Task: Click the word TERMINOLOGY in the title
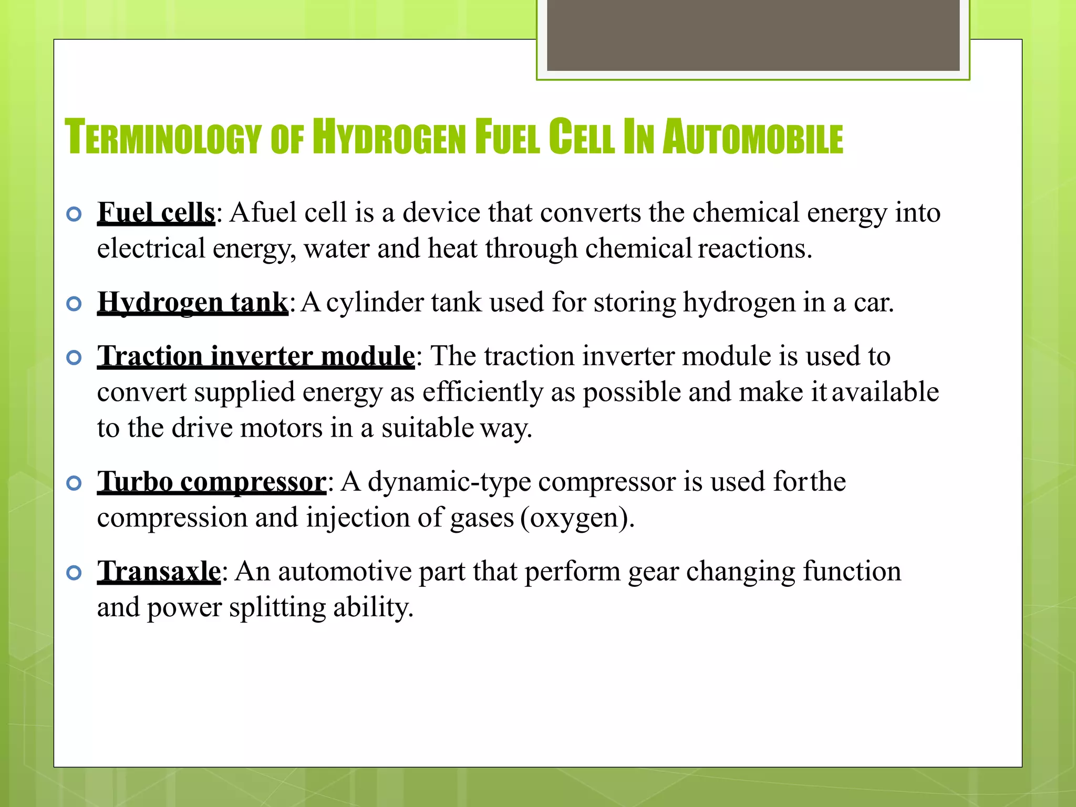pos(163,138)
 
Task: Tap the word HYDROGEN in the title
pos(389,138)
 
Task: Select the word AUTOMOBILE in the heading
pos(752,138)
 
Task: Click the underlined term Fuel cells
pos(156,213)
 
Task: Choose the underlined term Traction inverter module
pos(256,357)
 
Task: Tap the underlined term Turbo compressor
pos(212,482)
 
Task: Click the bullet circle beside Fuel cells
pos(75,214)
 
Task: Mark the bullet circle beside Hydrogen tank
pos(75,304)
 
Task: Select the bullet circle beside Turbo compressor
pos(75,483)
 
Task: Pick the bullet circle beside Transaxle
pos(75,573)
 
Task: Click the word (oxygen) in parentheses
pos(577,519)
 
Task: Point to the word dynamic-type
pos(449,482)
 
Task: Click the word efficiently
pos(482,392)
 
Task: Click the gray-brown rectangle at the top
pos(753,35)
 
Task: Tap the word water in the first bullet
pos(336,249)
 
